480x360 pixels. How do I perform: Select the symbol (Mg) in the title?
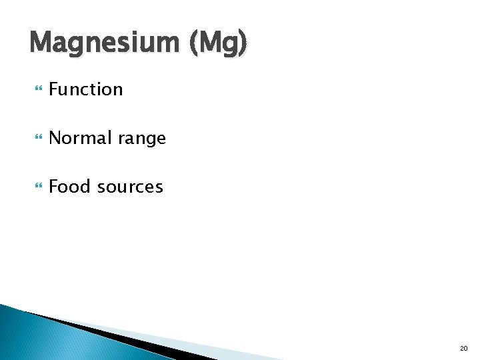(x=219, y=44)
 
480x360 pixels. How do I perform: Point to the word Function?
(x=86, y=89)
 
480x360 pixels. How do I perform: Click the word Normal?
(x=78, y=138)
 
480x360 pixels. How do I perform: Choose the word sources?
(x=130, y=188)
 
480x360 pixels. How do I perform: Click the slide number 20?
(x=463, y=348)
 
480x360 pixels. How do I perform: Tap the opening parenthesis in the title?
(x=194, y=44)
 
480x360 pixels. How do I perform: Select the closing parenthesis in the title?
(x=244, y=44)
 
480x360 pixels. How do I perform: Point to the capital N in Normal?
(x=55, y=138)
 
